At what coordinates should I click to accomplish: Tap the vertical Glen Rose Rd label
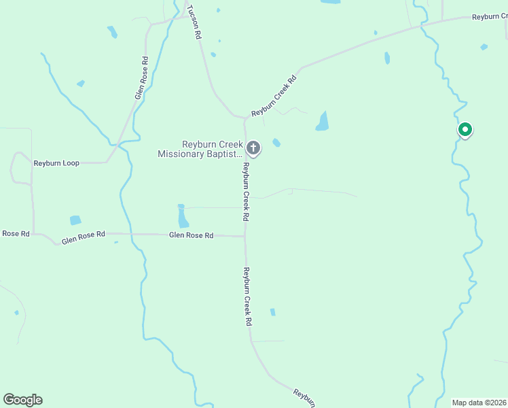[x=142, y=78]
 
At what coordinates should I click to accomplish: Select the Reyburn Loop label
[x=56, y=163]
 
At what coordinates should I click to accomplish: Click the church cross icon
[x=253, y=148]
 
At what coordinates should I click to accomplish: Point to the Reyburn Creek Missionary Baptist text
[x=200, y=149]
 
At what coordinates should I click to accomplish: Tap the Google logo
[x=22, y=400]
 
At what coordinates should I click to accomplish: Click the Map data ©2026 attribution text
[x=479, y=402]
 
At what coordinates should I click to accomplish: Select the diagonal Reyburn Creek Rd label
[x=274, y=97]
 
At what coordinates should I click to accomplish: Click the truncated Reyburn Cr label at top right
[x=490, y=16]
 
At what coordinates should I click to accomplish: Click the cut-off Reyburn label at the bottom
[x=304, y=398]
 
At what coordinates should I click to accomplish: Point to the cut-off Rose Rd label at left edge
[x=15, y=233]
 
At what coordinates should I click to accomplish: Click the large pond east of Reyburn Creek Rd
[x=323, y=121]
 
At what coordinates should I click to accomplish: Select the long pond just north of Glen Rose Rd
[x=183, y=217]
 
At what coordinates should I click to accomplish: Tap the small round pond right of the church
[x=276, y=143]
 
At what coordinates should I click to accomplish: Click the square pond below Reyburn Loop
[x=75, y=220]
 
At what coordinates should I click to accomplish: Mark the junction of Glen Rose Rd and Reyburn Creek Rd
[x=245, y=236]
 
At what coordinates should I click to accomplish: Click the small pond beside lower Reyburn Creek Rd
[x=272, y=312]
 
